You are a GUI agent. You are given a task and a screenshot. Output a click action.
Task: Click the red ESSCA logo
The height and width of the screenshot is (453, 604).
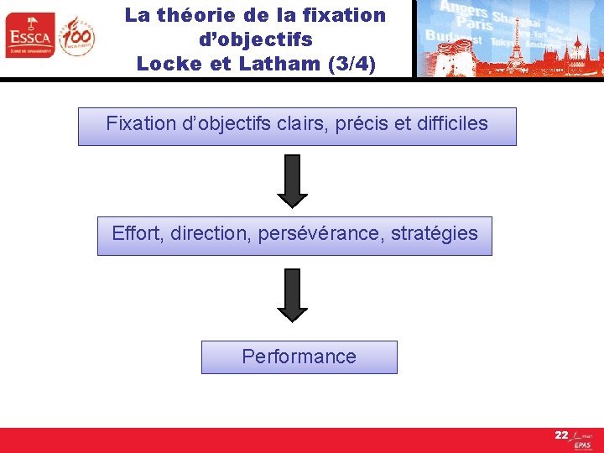click(x=29, y=35)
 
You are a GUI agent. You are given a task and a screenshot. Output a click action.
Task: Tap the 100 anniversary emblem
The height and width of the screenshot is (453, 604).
click(x=76, y=35)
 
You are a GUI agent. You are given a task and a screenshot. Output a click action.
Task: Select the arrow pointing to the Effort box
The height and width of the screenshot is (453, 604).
click(x=293, y=180)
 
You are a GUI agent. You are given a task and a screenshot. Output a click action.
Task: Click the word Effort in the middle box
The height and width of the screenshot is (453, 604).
click(x=138, y=234)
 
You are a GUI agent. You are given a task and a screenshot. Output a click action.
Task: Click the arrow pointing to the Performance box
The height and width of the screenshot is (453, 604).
click(x=293, y=294)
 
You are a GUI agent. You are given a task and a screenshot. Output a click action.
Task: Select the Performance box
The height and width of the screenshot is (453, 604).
click(x=299, y=357)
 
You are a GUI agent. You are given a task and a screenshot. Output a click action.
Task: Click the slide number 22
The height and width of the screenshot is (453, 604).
click(x=561, y=435)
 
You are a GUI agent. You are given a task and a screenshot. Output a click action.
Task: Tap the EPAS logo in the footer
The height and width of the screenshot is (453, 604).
click(x=582, y=443)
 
